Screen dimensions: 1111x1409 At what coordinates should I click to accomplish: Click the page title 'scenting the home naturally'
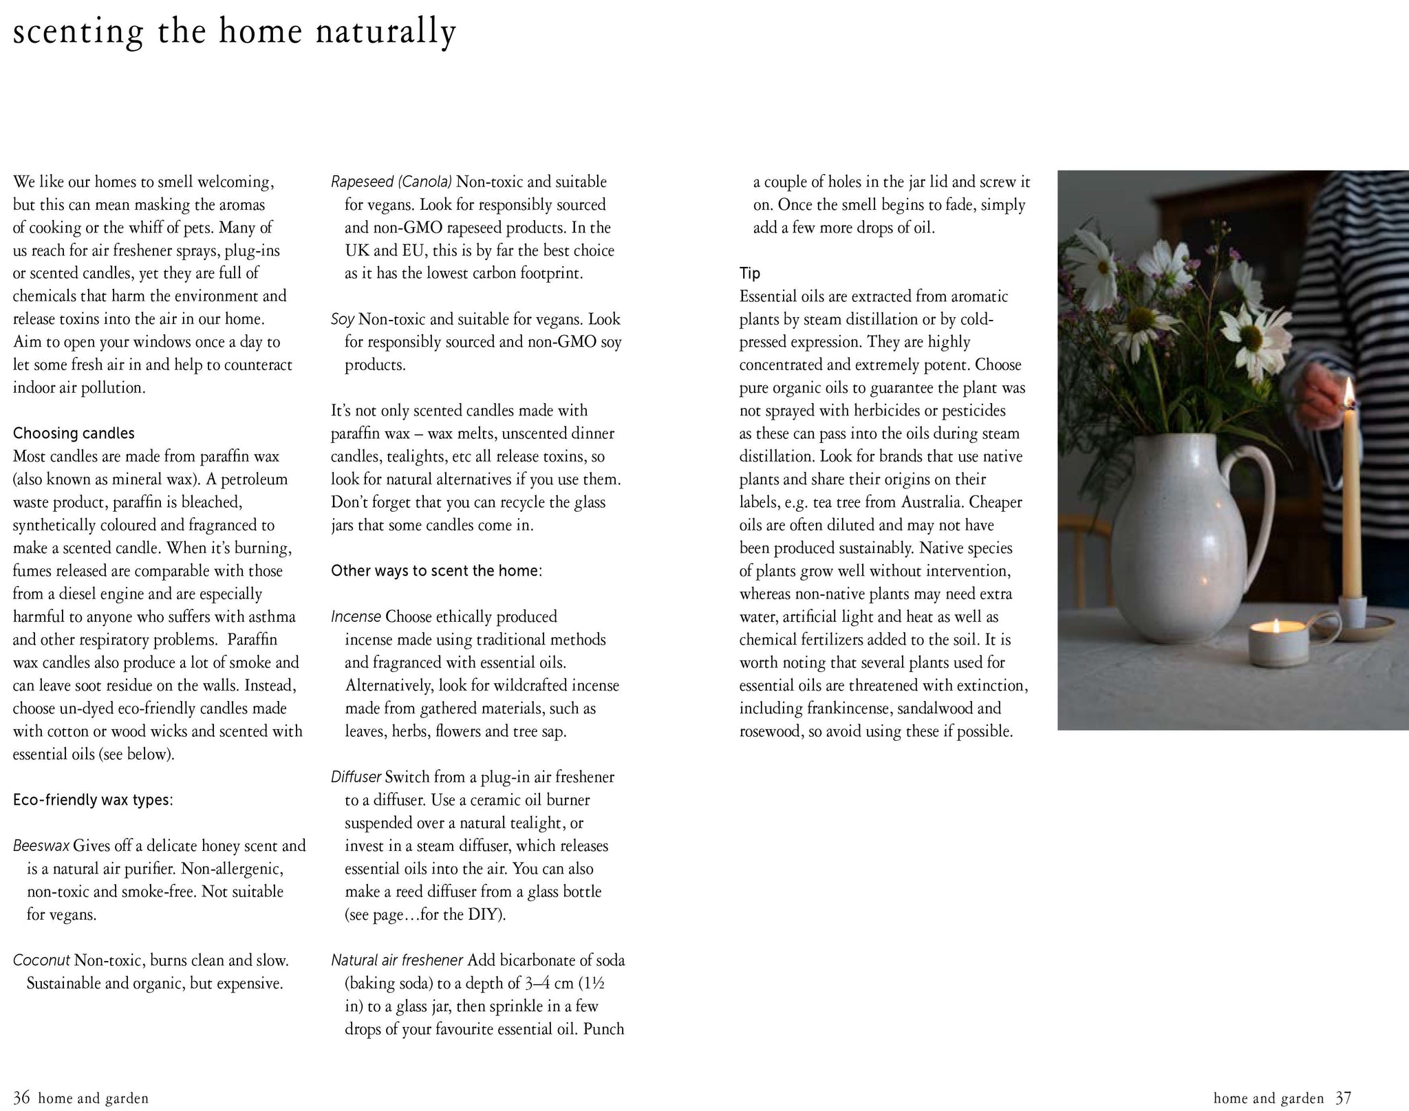[x=234, y=33]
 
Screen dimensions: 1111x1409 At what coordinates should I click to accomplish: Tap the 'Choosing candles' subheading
[x=74, y=433]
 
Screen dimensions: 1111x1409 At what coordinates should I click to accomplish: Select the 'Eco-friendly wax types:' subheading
[x=93, y=800]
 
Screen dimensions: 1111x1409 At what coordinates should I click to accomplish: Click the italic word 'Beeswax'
[x=41, y=846]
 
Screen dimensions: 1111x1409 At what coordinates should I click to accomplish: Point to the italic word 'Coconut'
[x=41, y=960]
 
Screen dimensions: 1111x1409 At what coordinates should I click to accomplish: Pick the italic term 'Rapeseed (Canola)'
[x=391, y=182]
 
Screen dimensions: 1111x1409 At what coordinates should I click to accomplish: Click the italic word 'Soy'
[x=343, y=319]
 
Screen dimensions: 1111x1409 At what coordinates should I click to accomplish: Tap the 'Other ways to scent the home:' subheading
[x=436, y=571]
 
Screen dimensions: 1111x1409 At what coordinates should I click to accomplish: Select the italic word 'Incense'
[x=356, y=617]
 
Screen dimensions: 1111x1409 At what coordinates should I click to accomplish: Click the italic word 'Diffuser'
[x=356, y=777]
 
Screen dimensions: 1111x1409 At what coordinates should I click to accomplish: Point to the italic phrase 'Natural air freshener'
[x=397, y=960]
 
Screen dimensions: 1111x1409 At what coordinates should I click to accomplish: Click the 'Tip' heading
[x=750, y=274]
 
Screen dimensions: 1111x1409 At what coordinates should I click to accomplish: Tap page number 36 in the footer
[x=21, y=1098]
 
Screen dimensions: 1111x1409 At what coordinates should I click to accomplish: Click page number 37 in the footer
[x=1343, y=1098]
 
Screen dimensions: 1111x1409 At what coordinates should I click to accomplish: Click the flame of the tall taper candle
[x=1349, y=394]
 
